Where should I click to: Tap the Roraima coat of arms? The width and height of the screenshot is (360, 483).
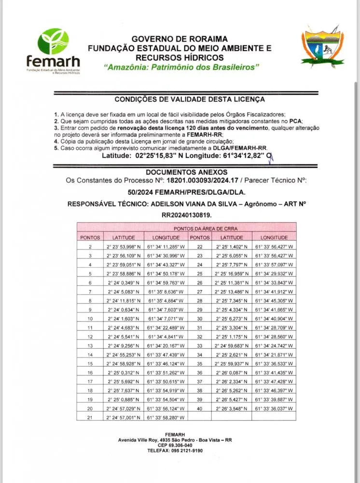coord(323,47)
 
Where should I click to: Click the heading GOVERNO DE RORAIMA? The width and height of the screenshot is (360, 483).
coord(180,39)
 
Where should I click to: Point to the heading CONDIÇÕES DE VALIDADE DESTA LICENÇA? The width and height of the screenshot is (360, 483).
coord(189,99)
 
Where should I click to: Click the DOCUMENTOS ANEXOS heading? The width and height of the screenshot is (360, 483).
coord(186,171)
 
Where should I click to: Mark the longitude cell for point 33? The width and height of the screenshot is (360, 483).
coord(274,346)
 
